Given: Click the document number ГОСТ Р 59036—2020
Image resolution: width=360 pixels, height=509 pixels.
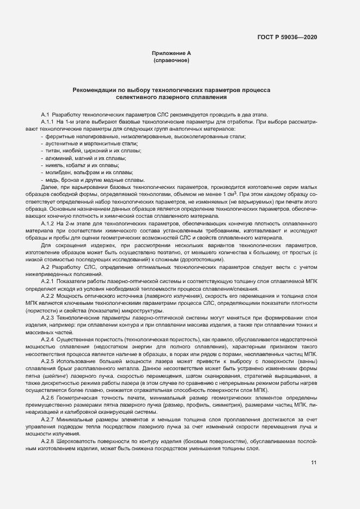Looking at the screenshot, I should pos(287,37).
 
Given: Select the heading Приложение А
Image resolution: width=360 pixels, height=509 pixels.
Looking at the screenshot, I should pos(171,53).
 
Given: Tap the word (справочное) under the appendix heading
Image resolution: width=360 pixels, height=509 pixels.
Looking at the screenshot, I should pos(171,60).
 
